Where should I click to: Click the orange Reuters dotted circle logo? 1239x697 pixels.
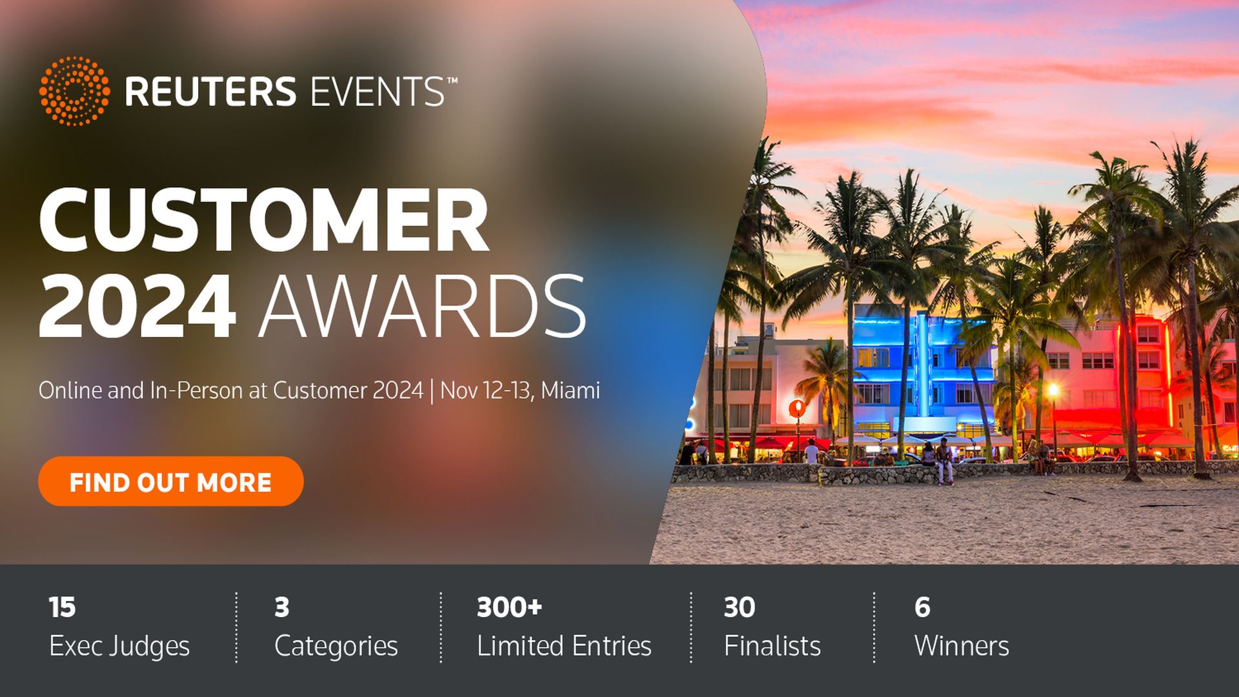(x=74, y=90)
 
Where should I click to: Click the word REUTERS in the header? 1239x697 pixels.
(x=210, y=92)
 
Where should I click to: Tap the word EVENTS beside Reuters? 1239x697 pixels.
(x=378, y=92)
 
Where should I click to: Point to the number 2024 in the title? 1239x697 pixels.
(x=137, y=306)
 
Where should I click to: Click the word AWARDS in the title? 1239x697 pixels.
(x=422, y=306)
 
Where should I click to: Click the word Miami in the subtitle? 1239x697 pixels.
(x=570, y=390)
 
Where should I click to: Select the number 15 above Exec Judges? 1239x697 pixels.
(x=62, y=607)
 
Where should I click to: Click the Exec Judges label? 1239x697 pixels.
(x=119, y=646)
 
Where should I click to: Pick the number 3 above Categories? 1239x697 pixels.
(x=281, y=607)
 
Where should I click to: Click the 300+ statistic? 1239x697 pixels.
(x=509, y=607)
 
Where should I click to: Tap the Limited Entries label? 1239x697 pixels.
(x=564, y=646)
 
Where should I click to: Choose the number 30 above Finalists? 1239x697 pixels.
(x=739, y=607)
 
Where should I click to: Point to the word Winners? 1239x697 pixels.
(x=962, y=646)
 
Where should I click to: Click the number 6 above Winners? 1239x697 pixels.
(x=922, y=607)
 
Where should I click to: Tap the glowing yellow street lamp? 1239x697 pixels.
(x=1053, y=390)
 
